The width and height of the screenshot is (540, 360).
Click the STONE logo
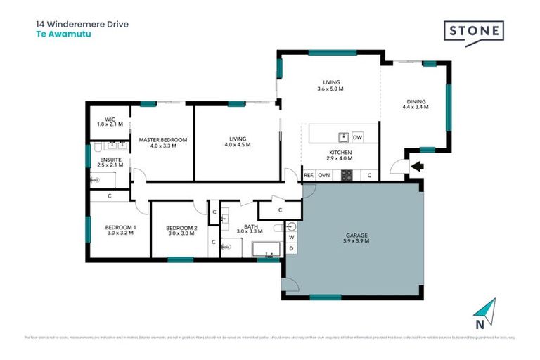tap(474, 32)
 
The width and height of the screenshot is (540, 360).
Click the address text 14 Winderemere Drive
tap(82, 23)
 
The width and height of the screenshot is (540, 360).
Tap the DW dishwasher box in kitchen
tap(357, 137)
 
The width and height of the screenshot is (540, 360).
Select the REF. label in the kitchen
tap(308, 174)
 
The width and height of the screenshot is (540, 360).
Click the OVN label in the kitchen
tap(324, 174)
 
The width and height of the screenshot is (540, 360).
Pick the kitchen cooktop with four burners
tap(346, 175)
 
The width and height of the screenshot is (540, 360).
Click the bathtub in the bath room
tap(265, 249)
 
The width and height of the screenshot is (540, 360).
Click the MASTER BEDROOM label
tap(162, 140)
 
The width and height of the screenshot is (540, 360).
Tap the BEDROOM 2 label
tap(181, 228)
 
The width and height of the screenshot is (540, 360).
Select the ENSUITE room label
tap(110, 160)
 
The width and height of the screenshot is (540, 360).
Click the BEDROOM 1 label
tap(120, 227)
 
